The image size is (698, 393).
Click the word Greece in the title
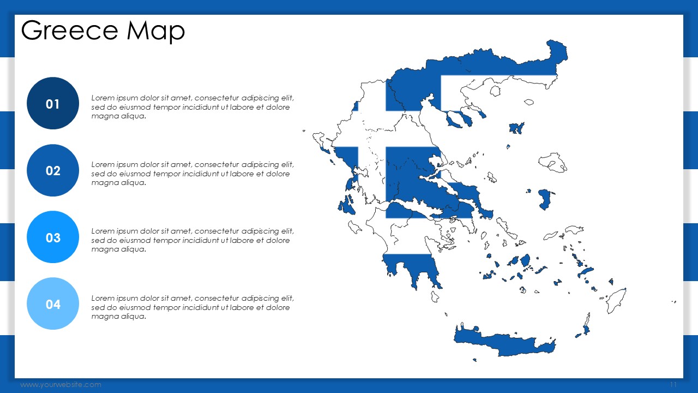69,31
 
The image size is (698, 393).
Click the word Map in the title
156,32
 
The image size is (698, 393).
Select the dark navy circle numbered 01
53,103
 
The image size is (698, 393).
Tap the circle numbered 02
53,170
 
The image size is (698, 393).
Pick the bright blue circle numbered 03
53,237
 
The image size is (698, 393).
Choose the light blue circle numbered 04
53,304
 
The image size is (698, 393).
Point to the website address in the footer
61,385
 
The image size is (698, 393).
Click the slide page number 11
673,384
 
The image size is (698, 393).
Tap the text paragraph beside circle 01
192,107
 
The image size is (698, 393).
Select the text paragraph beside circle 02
192,174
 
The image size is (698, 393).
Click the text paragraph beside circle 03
192,240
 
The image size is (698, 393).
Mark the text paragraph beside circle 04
192,307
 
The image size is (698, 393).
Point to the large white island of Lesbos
552,162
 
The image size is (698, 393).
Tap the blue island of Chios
545,199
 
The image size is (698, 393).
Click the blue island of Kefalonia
346,206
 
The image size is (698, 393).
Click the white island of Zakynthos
354,227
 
